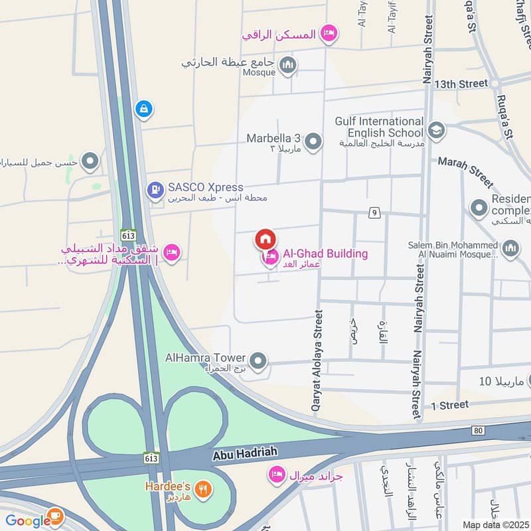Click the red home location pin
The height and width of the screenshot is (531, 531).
[x=265, y=239]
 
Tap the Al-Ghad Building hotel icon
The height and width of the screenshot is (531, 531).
[x=270, y=257]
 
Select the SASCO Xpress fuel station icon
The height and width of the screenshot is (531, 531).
[x=155, y=191]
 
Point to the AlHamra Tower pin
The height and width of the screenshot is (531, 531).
[x=259, y=361]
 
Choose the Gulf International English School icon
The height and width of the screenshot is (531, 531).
[x=436, y=130]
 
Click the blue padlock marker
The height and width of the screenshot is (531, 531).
[x=143, y=109]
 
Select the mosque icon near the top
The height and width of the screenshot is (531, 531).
[x=287, y=64]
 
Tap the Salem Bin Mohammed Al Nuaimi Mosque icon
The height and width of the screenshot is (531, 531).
[x=510, y=250]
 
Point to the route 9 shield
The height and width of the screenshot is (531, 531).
[x=375, y=212]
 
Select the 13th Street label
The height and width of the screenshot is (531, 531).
[x=460, y=84]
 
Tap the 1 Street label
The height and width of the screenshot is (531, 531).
[x=449, y=405]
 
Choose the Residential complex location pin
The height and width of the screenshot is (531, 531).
[x=479, y=208]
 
